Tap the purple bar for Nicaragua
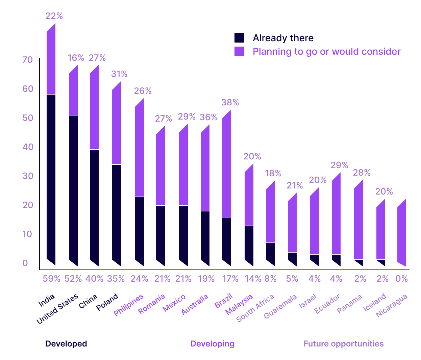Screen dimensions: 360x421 402,233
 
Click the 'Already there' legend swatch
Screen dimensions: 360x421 239,38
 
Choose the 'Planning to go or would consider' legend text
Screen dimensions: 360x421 326,51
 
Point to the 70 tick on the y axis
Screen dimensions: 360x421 28,60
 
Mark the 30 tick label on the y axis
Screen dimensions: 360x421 28,176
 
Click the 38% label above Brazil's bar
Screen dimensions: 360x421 230,102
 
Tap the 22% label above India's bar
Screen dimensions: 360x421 54,16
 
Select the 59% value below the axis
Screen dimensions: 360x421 51,279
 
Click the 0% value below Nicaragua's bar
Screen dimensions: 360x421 402,279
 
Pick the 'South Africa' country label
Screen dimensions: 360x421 255,308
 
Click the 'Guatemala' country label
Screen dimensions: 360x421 280,306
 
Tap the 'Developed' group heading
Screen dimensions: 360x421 66,344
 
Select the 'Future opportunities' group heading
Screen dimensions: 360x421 344,344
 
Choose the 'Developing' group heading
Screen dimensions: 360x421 212,344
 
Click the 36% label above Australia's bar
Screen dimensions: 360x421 208,117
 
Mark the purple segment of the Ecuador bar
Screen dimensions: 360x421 336,216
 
